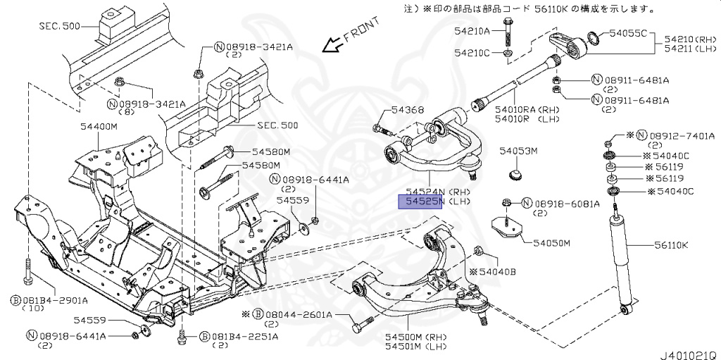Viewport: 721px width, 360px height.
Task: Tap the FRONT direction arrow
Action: click(331, 44)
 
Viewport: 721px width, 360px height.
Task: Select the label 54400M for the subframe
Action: click(99, 125)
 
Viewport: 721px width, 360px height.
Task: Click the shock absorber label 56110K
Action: click(673, 244)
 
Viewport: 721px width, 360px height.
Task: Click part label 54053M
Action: click(519, 151)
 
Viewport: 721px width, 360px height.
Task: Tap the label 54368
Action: click(388, 111)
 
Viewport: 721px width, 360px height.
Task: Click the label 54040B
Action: click(497, 271)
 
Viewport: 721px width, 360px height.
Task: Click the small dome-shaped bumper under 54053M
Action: click(515, 173)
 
